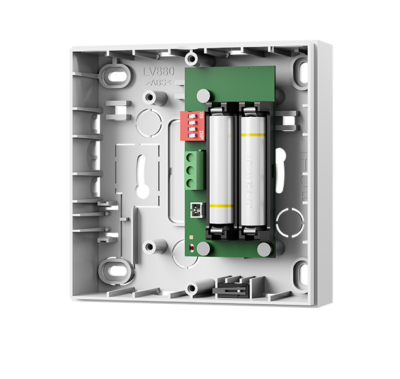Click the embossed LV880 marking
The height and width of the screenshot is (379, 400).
coord(157,74)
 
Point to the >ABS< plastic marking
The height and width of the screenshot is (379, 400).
coord(157,83)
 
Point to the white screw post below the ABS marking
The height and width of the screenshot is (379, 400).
coord(150,98)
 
